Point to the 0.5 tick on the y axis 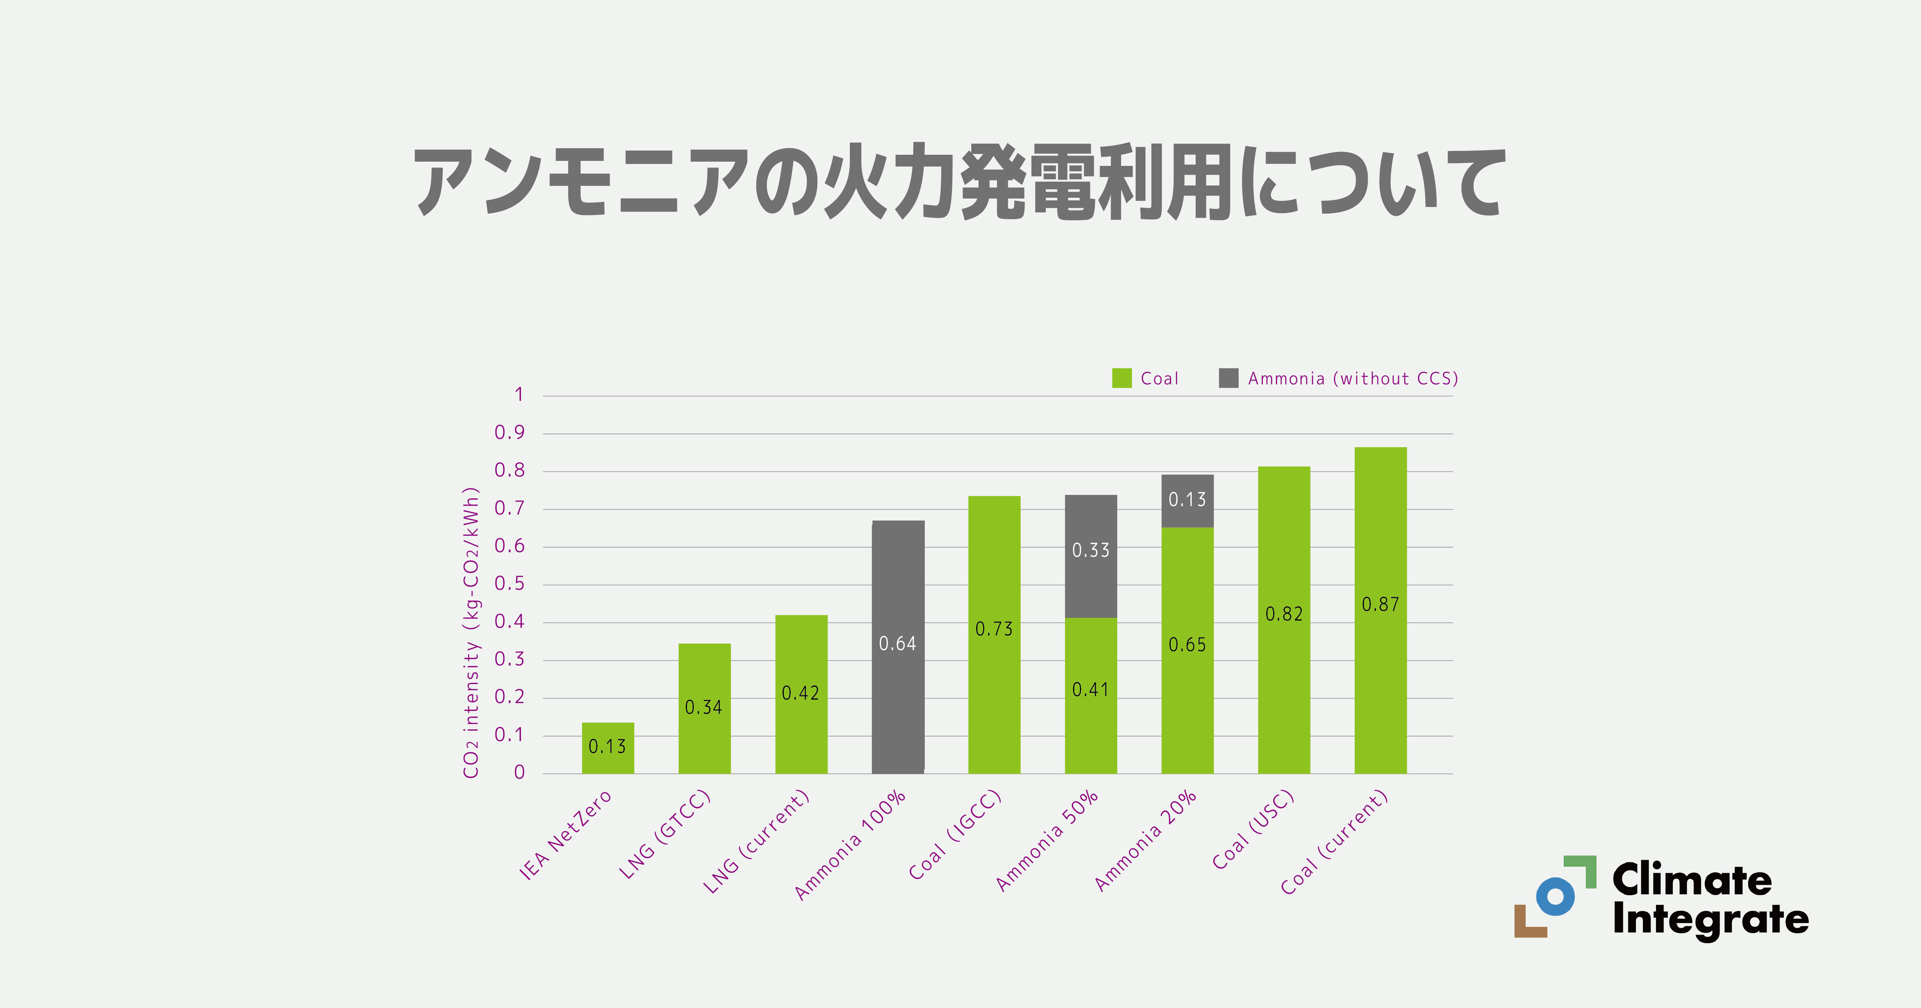point(509,584)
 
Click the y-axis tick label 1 point(519,394)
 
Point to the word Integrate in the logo point(1710,919)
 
